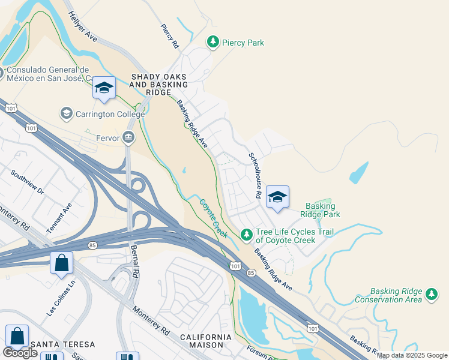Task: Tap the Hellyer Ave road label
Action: (83, 27)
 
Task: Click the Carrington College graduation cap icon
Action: (66, 113)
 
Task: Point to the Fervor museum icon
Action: (128, 138)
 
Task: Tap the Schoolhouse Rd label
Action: (255, 176)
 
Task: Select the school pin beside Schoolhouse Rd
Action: (277, 197)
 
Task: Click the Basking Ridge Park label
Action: (323, 210)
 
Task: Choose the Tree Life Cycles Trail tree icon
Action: (246, 233)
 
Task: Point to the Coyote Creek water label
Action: (213, 218)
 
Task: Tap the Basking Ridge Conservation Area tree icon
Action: (431, 294)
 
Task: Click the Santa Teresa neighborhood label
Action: (63, 344)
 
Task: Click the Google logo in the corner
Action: (20, 353)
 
